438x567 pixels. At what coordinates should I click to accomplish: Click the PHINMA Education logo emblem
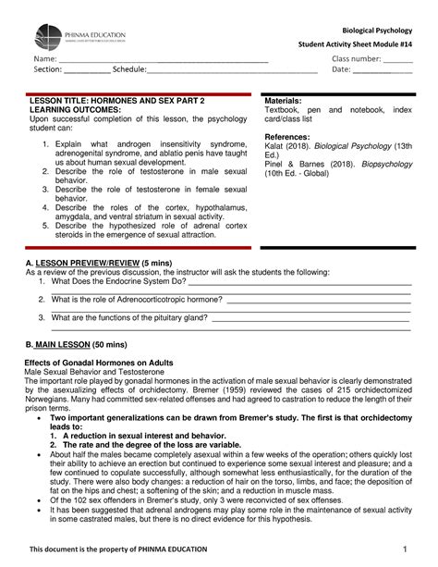pos(55,37)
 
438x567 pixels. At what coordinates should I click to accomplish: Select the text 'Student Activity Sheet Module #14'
pos(354,45)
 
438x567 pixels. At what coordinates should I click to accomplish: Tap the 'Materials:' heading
pos(286,100)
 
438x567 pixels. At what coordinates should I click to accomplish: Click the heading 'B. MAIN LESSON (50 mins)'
pos(73,343)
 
